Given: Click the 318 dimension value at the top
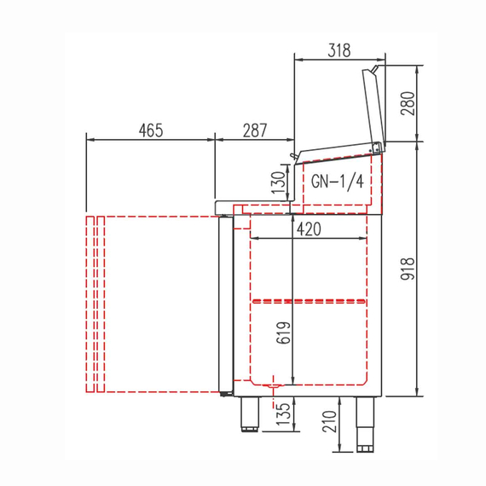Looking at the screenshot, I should pos(338,50).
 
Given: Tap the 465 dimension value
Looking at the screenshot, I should pos(150,130).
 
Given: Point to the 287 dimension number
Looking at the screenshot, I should pos(254,130).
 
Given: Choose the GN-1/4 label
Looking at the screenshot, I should pos(337,182).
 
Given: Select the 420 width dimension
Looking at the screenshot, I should pos(310,229).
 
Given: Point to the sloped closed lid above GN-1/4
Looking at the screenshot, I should pos(337,153).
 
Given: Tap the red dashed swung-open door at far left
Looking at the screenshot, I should pos(95,304).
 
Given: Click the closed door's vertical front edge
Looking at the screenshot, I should pos(227,305).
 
